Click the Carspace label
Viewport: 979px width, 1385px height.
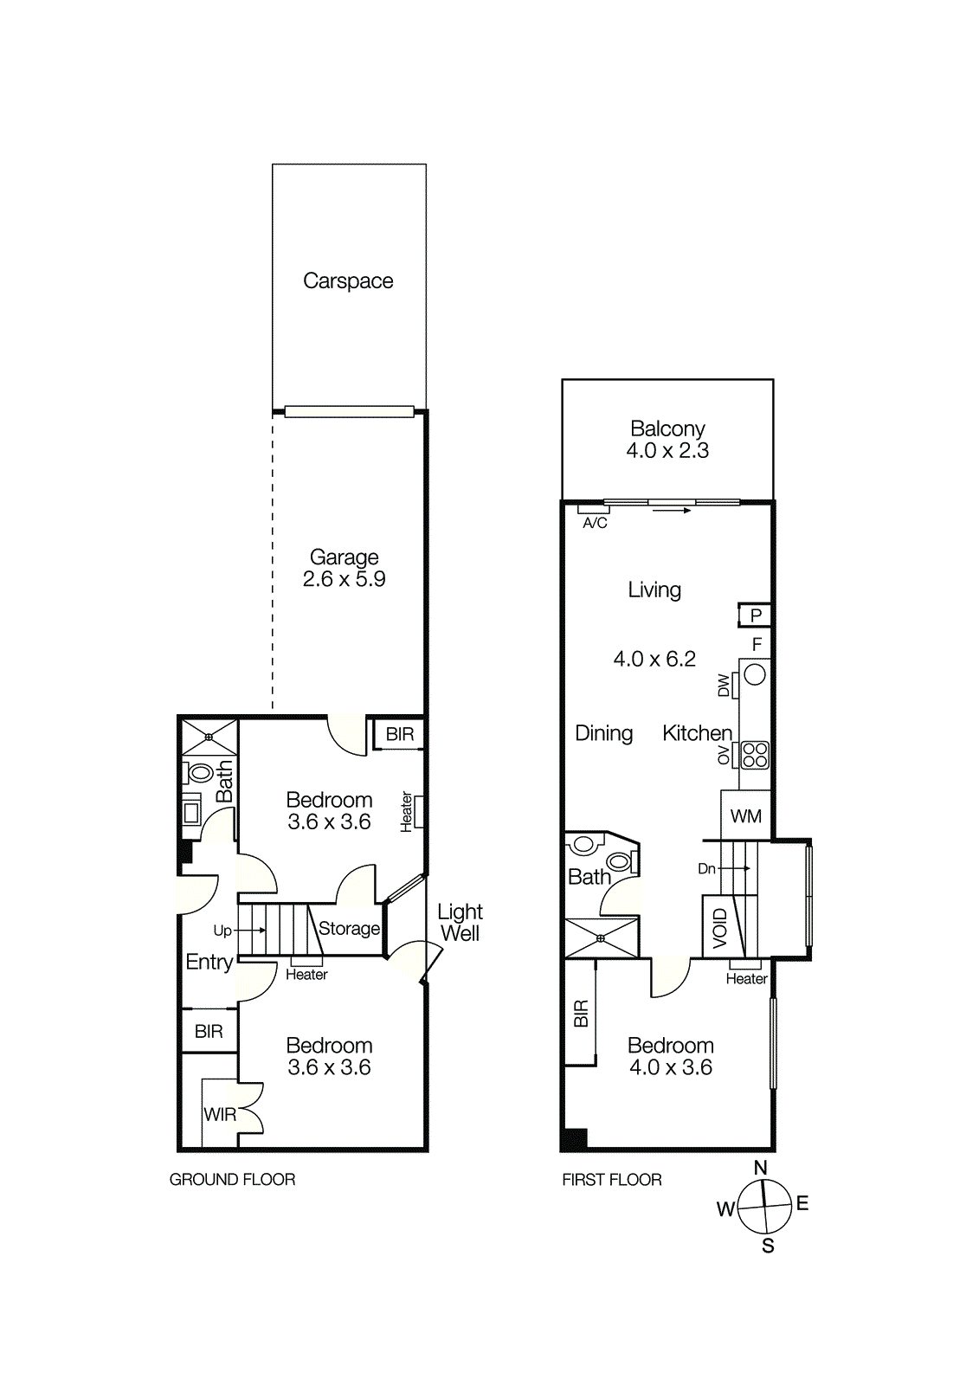348,281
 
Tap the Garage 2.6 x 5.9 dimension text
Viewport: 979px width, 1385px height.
345,579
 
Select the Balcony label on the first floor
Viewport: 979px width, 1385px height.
667,428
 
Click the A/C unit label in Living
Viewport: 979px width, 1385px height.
595,523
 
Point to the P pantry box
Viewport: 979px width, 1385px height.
756,615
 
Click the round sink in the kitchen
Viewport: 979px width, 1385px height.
755,674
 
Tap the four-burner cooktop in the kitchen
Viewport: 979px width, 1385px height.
755,755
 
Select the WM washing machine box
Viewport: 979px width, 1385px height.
746,816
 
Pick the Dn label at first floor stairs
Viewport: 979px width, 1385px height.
706,868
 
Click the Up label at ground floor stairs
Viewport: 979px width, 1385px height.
222,931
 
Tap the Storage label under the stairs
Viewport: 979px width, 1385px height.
349,929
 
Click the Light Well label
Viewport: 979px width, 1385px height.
460,923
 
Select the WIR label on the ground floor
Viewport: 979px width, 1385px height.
220,1115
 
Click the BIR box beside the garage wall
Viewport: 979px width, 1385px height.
399,734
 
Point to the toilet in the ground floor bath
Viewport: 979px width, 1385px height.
201,772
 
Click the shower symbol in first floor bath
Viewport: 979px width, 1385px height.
601,938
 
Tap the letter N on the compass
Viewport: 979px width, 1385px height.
760,1168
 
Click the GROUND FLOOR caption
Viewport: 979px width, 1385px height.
232,1180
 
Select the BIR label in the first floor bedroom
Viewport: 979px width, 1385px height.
581,1013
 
